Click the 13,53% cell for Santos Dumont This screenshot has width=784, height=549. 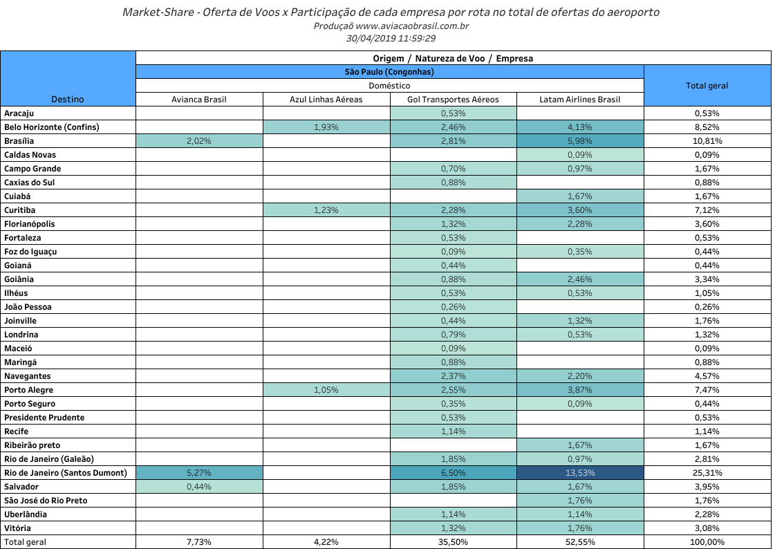(x=580, y=473)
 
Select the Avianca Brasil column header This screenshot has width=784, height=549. (x=199, y=100)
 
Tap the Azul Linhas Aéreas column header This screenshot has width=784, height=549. (x=326, y=100)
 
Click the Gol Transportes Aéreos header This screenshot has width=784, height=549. (x=453, y=100)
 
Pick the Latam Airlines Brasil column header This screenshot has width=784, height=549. (x=580, y=100)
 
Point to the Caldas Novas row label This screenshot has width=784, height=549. (x=30, y=155)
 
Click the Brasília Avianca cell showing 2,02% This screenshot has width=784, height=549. (x=199, y=141)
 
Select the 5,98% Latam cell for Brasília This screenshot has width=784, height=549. (x=580, y=141)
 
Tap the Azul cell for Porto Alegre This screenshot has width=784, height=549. (x=326, y=390)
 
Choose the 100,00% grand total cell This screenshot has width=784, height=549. (x=707, y=542)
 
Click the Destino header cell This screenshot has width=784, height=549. (x=68, y=100)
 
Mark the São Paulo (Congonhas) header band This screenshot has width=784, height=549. (x=389, y=72)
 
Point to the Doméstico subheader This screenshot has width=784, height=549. (x=389, y=86)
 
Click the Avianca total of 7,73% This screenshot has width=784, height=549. (x=199, y=542)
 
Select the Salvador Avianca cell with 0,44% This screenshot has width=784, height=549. (x=199, y=487)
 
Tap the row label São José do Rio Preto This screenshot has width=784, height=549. (x=46, y=501)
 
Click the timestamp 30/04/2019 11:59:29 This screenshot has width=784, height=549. (x=391, y=39)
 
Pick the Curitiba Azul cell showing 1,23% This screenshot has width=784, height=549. (x=326, y=210)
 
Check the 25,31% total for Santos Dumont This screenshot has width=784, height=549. (x=707, y=473)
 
